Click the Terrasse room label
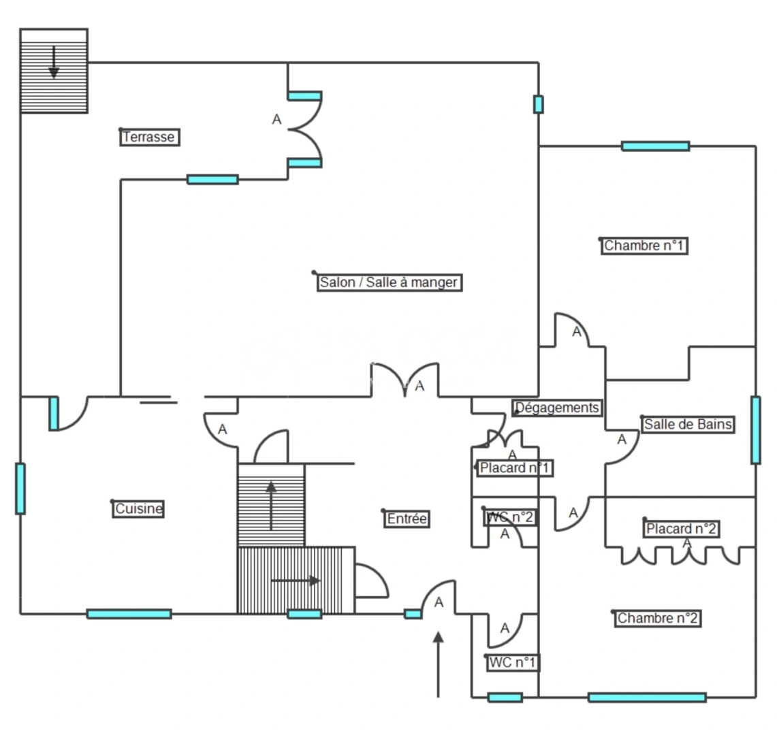click(x=150, y=137)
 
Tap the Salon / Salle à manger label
click(x=390, y=283)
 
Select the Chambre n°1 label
click(x=645, y=246)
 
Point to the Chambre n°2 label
click(x=658, y=619)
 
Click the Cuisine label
click(x=138, y=509)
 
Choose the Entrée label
click(x=407, y=519)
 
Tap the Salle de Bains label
click(x=688, y=425)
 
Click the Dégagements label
click(x=558, y=408)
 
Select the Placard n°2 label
click(x=682, y=529)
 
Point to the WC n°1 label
click(x=512, y=663)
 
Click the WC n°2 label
click(x=511, y=518)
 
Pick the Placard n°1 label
click(x=515, y=468)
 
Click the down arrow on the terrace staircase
click(x=54, y=63)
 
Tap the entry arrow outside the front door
click(x=438, y=664)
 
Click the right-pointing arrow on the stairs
click(x=296, y=581)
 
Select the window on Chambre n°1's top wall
click(x=656, y=146)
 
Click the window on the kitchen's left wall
click(x=20, y=489)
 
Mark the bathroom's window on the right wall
click(x=756, y=430)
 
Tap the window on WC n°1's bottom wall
click(x=505, y=698)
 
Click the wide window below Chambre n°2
click(x=647, y=698)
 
